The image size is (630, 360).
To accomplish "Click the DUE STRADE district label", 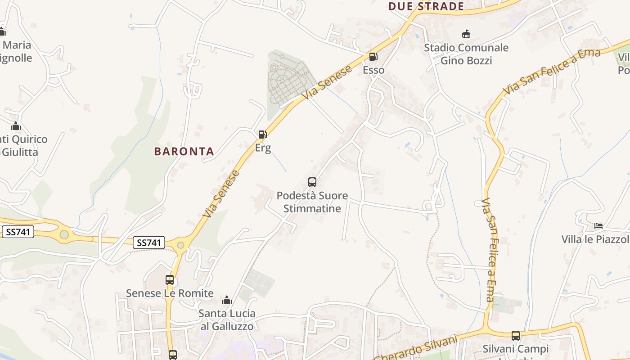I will pos(426,6).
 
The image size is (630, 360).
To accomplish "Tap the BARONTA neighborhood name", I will pos(184,152).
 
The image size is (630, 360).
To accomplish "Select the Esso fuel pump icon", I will pos(373,57).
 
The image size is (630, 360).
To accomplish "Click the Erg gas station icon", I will pos(262,134).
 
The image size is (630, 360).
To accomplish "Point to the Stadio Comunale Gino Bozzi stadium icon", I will pos(466,34).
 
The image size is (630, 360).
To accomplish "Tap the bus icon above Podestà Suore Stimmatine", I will pos(312,182).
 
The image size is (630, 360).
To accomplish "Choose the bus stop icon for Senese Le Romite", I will pos(170,279).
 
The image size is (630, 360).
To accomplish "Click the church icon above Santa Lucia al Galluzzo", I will pos(227,300).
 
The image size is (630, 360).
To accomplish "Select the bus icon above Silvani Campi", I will pos(516,335).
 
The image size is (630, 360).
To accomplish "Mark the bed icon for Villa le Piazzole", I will pos(598,225).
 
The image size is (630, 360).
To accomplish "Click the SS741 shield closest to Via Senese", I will pos(149,243).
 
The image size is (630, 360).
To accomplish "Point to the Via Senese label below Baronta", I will pos(221,193).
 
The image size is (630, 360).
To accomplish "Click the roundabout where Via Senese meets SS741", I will pos(180,245).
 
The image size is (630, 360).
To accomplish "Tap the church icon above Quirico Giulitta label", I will pos(16,126).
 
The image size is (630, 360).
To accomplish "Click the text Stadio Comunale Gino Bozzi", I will pos(466,54).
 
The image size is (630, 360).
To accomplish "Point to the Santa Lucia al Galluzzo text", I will pos(227,320).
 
